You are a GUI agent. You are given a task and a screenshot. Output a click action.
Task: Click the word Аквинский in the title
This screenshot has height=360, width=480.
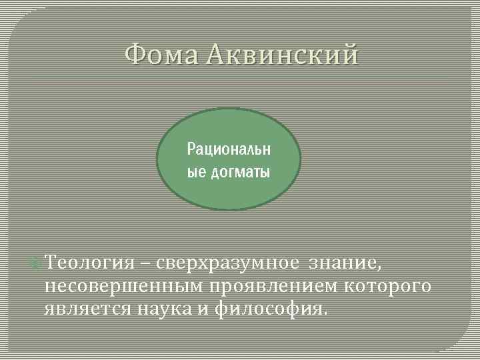pyautogui.click(x=282, y=54)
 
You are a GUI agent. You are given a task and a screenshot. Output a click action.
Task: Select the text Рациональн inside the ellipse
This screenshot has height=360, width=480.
pyautogui.click(x=229, y=147)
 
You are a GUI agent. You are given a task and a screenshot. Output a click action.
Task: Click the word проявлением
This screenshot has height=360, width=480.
pyautogui.click(x=269, y=287)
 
